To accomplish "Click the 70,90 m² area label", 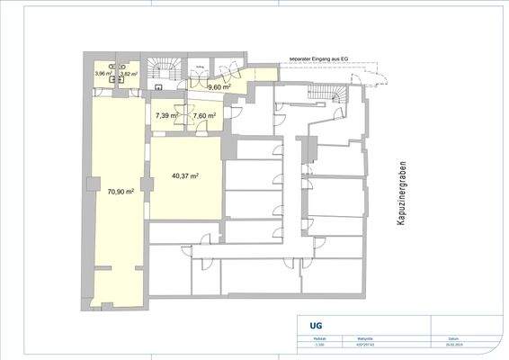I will [121, 192].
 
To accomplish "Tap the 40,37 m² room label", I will [184, 176].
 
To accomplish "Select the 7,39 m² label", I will [165, 116].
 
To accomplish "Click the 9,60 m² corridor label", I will [220, 88].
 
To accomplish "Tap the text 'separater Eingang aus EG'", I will [318, 59].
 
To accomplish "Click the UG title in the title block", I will [315, 327].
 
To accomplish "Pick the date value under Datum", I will [444, 343].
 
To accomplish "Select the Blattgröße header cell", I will [366, 337].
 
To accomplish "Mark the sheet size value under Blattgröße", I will [366, 343].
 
